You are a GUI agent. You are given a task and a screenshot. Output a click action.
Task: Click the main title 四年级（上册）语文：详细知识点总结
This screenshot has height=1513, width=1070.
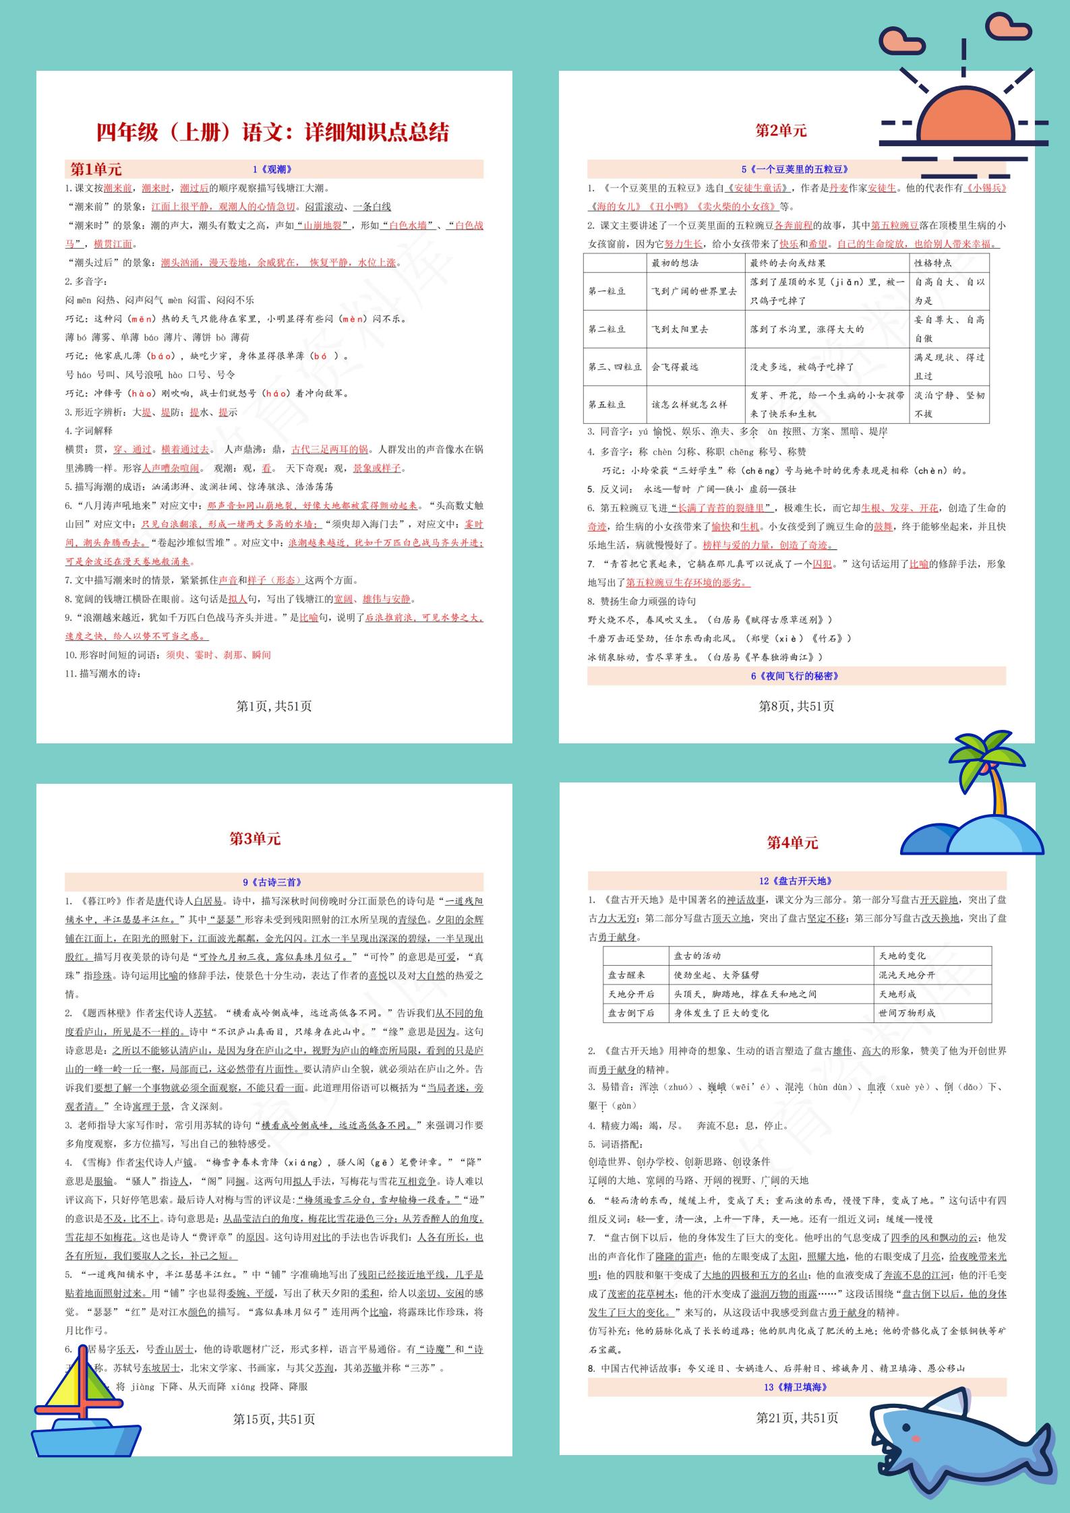272,132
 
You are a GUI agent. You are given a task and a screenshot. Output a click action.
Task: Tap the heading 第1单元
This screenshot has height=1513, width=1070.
96,169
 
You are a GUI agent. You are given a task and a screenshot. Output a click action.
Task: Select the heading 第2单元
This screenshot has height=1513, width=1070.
781,131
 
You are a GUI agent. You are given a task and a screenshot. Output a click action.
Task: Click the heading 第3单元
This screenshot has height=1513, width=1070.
255,838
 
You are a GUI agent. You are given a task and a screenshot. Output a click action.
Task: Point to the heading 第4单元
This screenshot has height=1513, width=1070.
792,842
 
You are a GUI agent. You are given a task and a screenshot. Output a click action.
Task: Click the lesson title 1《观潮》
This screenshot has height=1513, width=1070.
272,170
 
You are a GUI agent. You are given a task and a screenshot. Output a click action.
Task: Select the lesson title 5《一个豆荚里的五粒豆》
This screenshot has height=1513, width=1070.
795,170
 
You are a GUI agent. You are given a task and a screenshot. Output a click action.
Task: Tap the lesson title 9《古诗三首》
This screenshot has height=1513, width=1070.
272,882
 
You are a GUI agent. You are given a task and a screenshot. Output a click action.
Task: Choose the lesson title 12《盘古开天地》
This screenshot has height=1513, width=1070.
796,881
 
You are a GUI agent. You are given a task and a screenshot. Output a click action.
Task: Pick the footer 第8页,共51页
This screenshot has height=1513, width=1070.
796,706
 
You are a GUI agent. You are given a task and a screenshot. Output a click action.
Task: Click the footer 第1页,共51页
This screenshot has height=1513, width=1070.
274,706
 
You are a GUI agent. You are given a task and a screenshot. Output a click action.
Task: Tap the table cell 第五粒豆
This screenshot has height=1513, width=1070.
607,404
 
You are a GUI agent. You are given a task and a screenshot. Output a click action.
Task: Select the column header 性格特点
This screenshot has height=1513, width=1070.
933,263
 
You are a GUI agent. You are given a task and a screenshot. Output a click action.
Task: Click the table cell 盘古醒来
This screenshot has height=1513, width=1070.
626,975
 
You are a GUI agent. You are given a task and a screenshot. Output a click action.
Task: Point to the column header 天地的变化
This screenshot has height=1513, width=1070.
902,956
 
